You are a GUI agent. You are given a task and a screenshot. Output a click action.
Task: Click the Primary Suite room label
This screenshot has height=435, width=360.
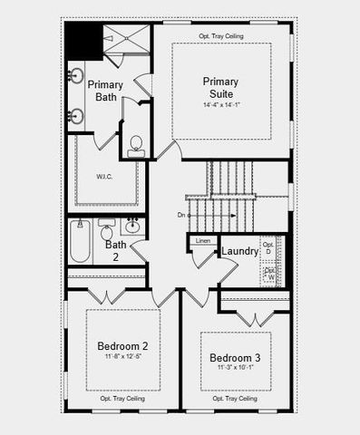tap(221, 87)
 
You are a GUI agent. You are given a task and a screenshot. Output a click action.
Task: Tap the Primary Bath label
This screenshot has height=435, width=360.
tap(105, 92)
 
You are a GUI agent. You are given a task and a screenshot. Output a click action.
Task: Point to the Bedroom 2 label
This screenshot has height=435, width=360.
tap(122, 345)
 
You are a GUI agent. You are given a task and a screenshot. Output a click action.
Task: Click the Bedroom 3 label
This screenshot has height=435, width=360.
tap(235, 357)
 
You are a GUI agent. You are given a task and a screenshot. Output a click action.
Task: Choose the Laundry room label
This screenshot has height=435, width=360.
tap(240, 251)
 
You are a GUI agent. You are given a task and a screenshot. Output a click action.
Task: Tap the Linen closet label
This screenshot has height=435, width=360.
tap(202, 241)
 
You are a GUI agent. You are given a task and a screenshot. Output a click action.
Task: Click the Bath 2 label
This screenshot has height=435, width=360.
tap(115, 250)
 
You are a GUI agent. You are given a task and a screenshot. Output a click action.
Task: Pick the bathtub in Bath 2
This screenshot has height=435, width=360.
tap(81, 242)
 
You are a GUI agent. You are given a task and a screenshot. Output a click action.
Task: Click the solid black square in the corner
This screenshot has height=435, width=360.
tap(83, 41)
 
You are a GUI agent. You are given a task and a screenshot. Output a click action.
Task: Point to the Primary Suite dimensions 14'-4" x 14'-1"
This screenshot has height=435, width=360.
tap(221, 105)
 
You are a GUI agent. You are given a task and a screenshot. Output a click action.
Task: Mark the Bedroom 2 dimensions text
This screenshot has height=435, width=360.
tap(122, 355)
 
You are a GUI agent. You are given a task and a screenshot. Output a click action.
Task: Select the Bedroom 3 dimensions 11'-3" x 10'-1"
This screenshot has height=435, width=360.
tap(235, 367)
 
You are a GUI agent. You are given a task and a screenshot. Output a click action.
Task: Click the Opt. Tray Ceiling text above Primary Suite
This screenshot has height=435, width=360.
tap(221, 35)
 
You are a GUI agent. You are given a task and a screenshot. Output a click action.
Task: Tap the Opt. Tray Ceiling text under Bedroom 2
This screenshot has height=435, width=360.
tap(122, 398)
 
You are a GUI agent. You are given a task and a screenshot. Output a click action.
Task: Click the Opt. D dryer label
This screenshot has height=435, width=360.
tap(268, 247)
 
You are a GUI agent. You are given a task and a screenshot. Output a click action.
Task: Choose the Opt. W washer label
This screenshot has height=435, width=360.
tap(270, 273)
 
